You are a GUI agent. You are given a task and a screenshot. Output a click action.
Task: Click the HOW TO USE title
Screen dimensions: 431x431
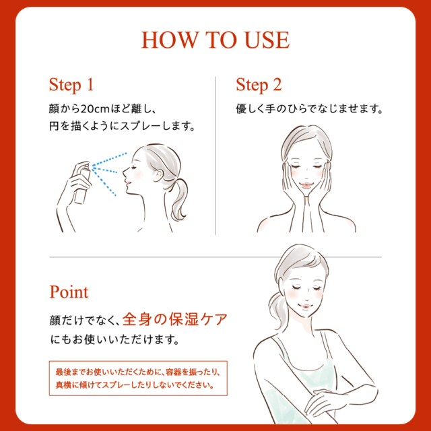coord(215,40)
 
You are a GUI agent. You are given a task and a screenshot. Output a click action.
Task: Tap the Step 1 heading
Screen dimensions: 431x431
coord(71,85)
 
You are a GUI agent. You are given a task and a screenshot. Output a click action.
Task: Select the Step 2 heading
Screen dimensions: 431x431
coord(258,85)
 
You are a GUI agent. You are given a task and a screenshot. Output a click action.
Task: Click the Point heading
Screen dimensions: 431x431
coord(69,292)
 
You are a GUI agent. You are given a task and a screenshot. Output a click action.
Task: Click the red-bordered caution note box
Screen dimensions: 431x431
coord(138,378)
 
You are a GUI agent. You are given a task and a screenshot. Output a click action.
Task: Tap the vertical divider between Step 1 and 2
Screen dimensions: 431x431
coord(215,155)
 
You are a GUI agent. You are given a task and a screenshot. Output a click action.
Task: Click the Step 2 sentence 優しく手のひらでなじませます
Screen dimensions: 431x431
coord(309,108)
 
